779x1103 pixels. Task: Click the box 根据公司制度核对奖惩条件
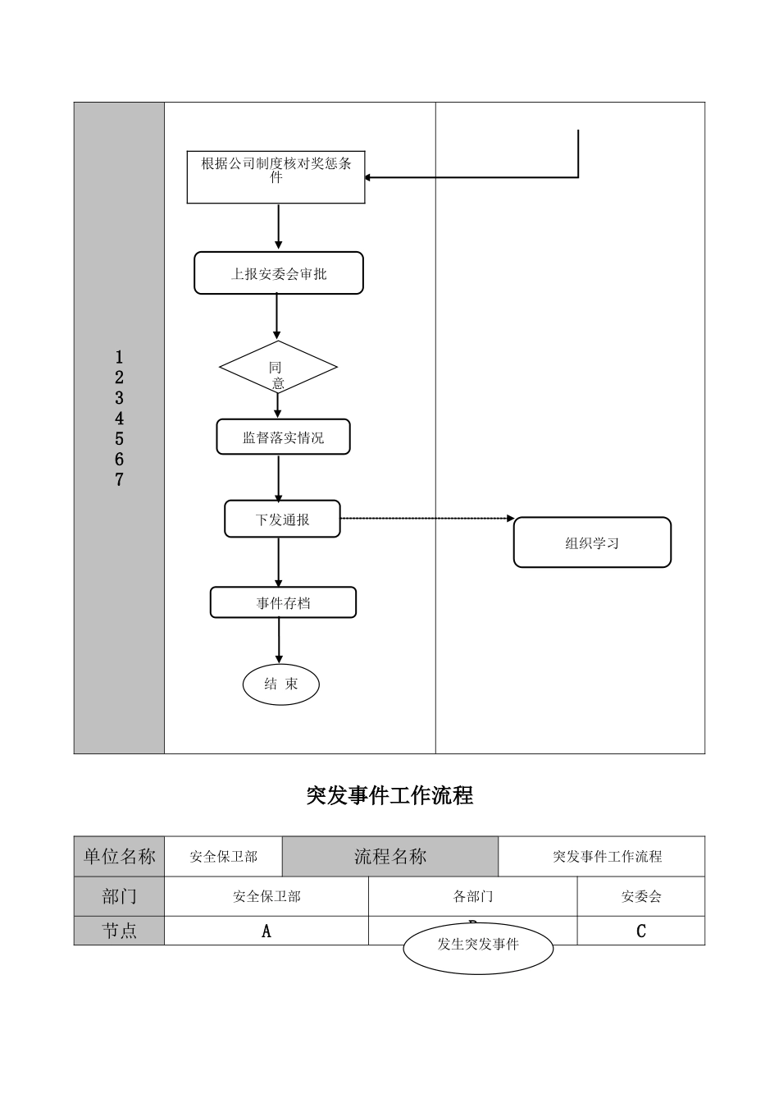click(x=276, y=177)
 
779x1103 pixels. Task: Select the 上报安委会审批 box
click(x=278, y=273)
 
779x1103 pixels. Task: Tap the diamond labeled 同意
click(x=278, y=368)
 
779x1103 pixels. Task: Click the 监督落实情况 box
click(x=283, y=437)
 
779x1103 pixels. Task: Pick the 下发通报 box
click(x=282, y=519)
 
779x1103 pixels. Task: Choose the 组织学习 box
click(x=592, y=542)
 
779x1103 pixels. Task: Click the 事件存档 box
click(x=283, y=602)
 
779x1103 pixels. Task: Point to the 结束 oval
click(x=280, y=684)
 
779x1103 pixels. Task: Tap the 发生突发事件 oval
click(x=478, y=945)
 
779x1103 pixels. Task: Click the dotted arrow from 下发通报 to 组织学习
click(x=426, y=519)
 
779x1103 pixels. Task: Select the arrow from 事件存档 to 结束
click(x=279, y=640)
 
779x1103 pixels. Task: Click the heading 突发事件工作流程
click(x=389, y=795)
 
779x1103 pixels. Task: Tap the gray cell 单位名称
click(x=119, y=857)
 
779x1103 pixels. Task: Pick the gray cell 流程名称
click(x=390, y=857)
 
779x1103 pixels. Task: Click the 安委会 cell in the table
click(x=641, y=897)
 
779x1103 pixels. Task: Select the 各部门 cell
click(x=473, y=897)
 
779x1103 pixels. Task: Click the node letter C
click(x=641, y=931)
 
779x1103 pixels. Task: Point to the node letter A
click(x=266, y=931)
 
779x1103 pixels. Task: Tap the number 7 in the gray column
click(x=119, y=480)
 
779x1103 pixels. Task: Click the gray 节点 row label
click(x=119, y=931)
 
